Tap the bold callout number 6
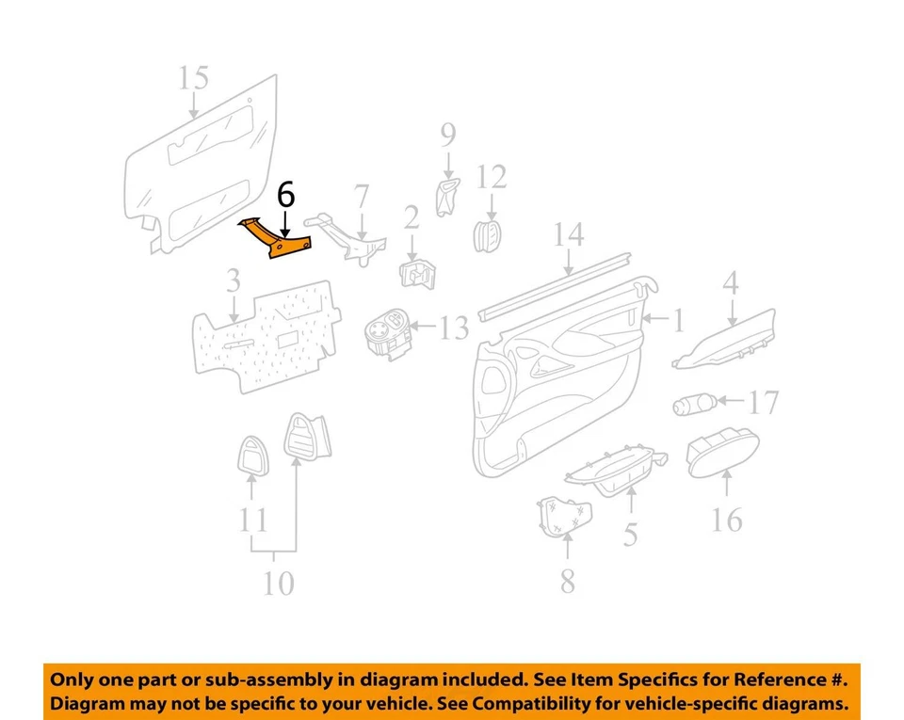click(x=285, y=196)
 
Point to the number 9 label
click(x=447, y=137)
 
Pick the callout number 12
click(x=491, y=176)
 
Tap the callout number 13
click(x=453, y=328)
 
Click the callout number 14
click(x=570, y=235)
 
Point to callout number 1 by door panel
click(x=677, y=322)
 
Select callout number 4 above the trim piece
click(x=731, y=281)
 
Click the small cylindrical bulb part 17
click(x=694, y=406)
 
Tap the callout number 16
click(x=726, y=519)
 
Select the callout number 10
click(x=277, y=584)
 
